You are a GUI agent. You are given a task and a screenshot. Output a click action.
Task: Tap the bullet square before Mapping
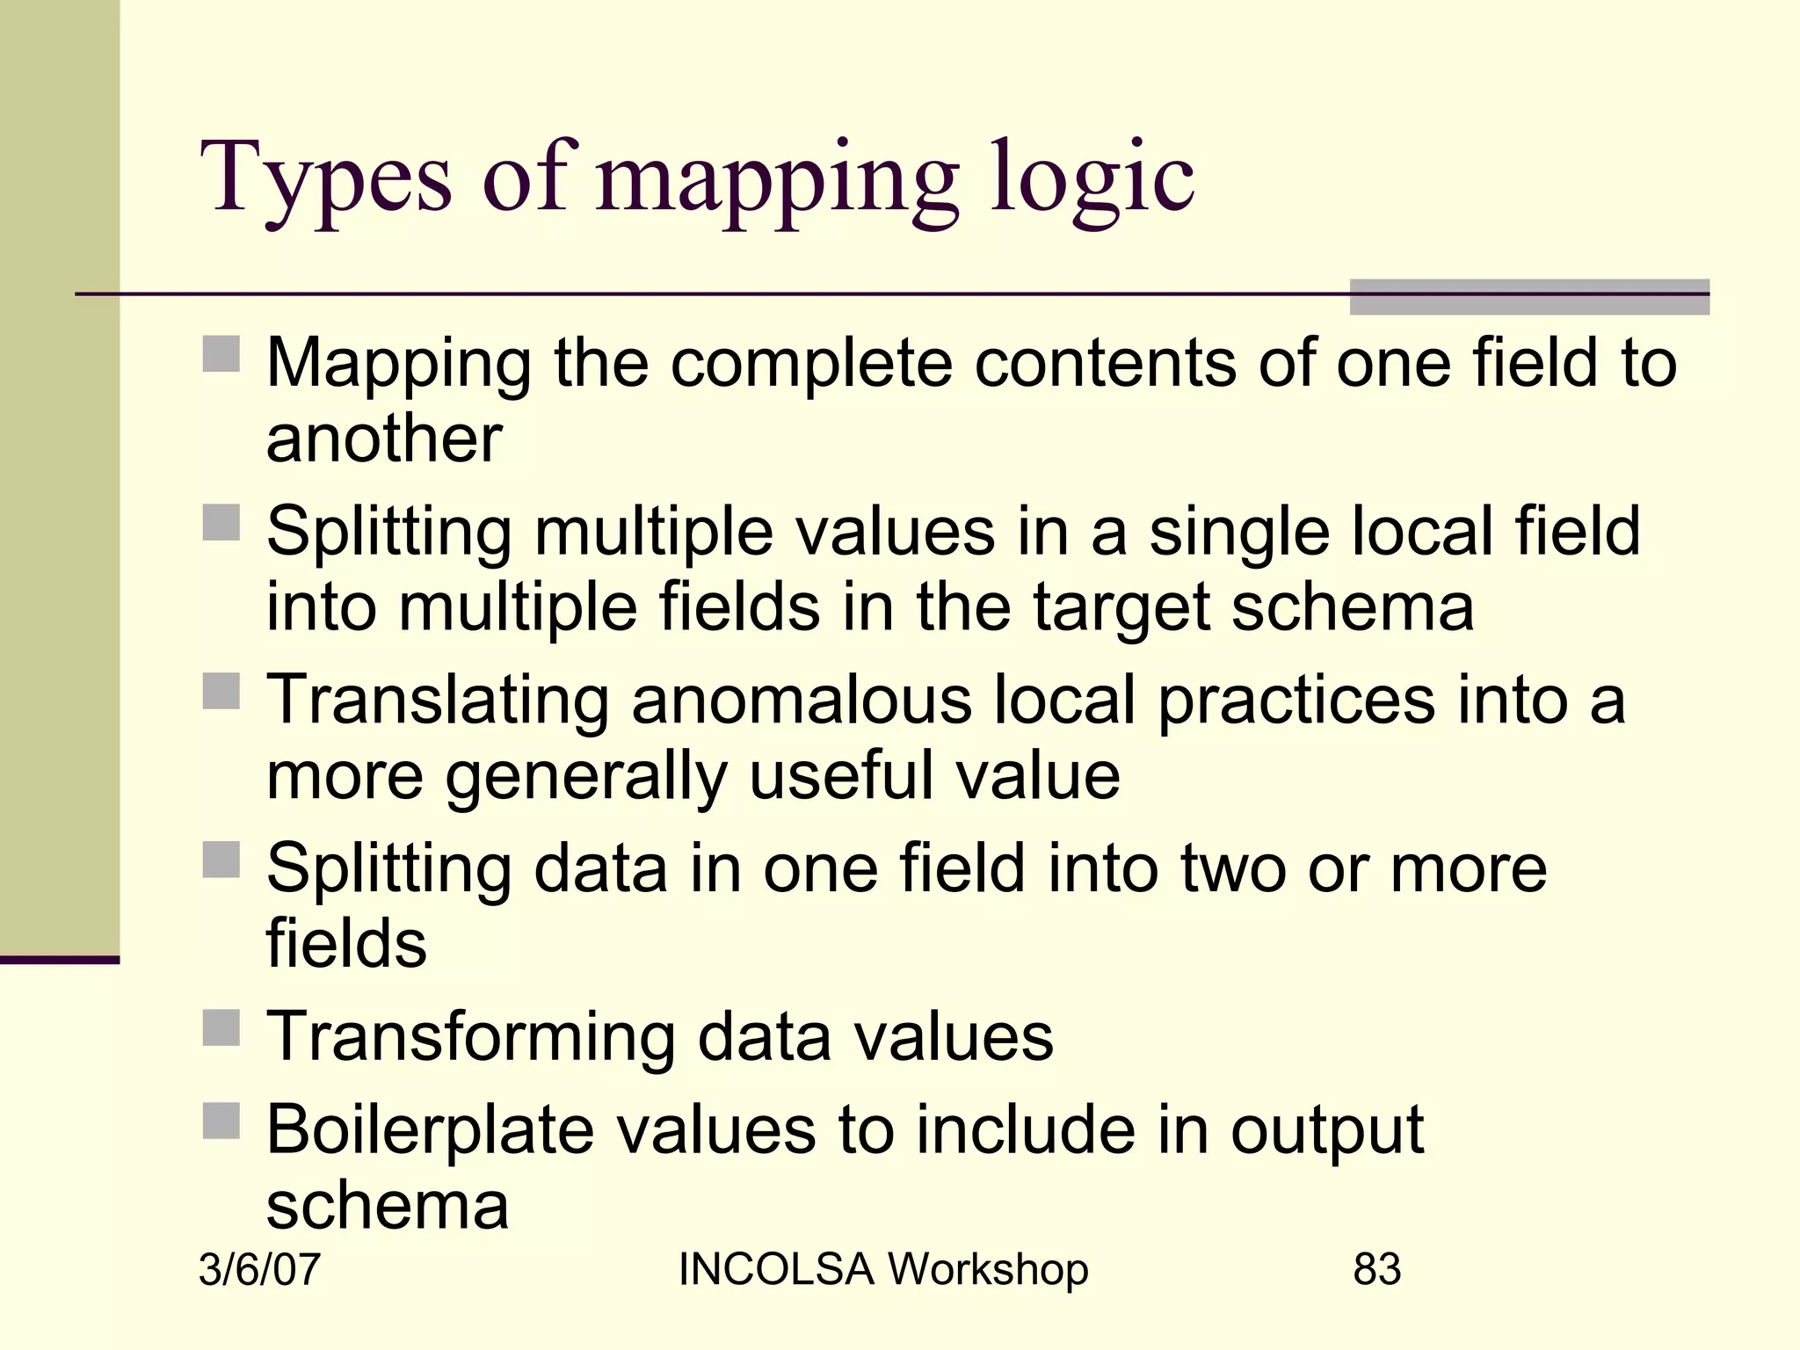point(221,354)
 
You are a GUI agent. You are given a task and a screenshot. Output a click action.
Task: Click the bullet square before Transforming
point(221,1027)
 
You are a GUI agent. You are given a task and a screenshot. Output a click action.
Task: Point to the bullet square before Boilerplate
point(221,1121)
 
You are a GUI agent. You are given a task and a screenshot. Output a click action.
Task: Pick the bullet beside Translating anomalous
point(221,691)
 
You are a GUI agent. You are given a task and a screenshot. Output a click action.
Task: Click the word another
point(384,439)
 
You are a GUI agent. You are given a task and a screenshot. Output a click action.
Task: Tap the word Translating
point(438,700)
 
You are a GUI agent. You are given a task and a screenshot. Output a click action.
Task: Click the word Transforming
point(470,1037)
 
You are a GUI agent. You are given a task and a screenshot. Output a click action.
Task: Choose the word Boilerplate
point(430,1130)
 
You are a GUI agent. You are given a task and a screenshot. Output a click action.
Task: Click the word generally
point(585,776)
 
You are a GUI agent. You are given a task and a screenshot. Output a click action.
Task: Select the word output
point(1326,1130)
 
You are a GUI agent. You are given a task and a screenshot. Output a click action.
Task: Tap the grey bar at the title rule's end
point(1528,297)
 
